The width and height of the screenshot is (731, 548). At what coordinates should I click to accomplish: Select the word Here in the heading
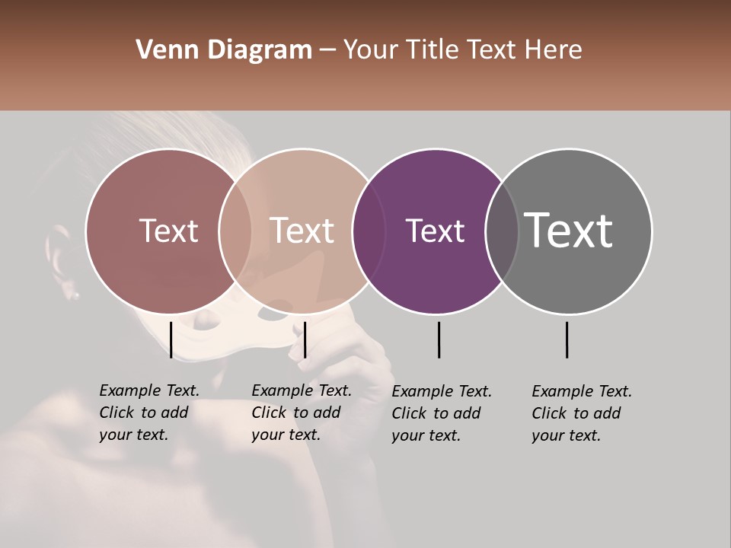[x=554, y=50]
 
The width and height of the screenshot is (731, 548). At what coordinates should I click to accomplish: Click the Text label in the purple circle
[x=435, y=231]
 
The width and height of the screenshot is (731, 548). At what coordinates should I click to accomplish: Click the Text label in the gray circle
[x=568, y=231]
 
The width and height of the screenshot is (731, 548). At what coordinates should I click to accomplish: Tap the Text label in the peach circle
[x=302, y=231]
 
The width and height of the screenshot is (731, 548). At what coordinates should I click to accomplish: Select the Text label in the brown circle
[x=168, y=231]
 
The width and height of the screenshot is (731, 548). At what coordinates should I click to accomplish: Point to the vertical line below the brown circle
[x=171, y=339]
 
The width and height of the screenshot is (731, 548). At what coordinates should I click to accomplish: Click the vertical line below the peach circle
[x=305, y=339]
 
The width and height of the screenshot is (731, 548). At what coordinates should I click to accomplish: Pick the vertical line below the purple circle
[x=439, y=339]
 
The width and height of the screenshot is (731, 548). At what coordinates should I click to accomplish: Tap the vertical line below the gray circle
[x=567, y=339]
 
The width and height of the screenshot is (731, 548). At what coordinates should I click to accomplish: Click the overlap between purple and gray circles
[x=502, y=231]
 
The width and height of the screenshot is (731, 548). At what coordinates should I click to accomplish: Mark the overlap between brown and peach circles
[x=235, y=231]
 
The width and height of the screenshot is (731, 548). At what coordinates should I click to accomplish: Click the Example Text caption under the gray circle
[x=581, y=413]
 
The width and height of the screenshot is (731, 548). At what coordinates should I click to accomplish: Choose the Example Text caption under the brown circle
[x=148, y=413]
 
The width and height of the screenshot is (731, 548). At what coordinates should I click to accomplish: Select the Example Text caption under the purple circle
[x=441, y=413]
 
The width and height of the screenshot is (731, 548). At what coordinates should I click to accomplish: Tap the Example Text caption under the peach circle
[x=301, y=413]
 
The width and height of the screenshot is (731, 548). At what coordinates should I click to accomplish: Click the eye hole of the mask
[x=270, y=311]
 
